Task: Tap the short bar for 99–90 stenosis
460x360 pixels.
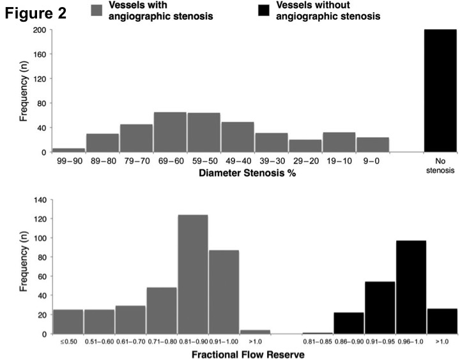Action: pyautogui.click(x=68, y=150)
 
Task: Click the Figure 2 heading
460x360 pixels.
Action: pyautogui.click(x=36, y=13)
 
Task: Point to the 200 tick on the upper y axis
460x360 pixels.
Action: pyautogui.click(x=39, y=31)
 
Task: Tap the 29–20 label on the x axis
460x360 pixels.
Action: pyautogui.click(x=305, y=161)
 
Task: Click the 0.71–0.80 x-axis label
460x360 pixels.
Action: pyautogui.click(x=161, y=341)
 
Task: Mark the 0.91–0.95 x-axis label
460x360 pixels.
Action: pyautogui.click(x=380, y=341)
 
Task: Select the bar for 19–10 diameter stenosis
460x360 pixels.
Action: pyautogui.click(x=339, y=142)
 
